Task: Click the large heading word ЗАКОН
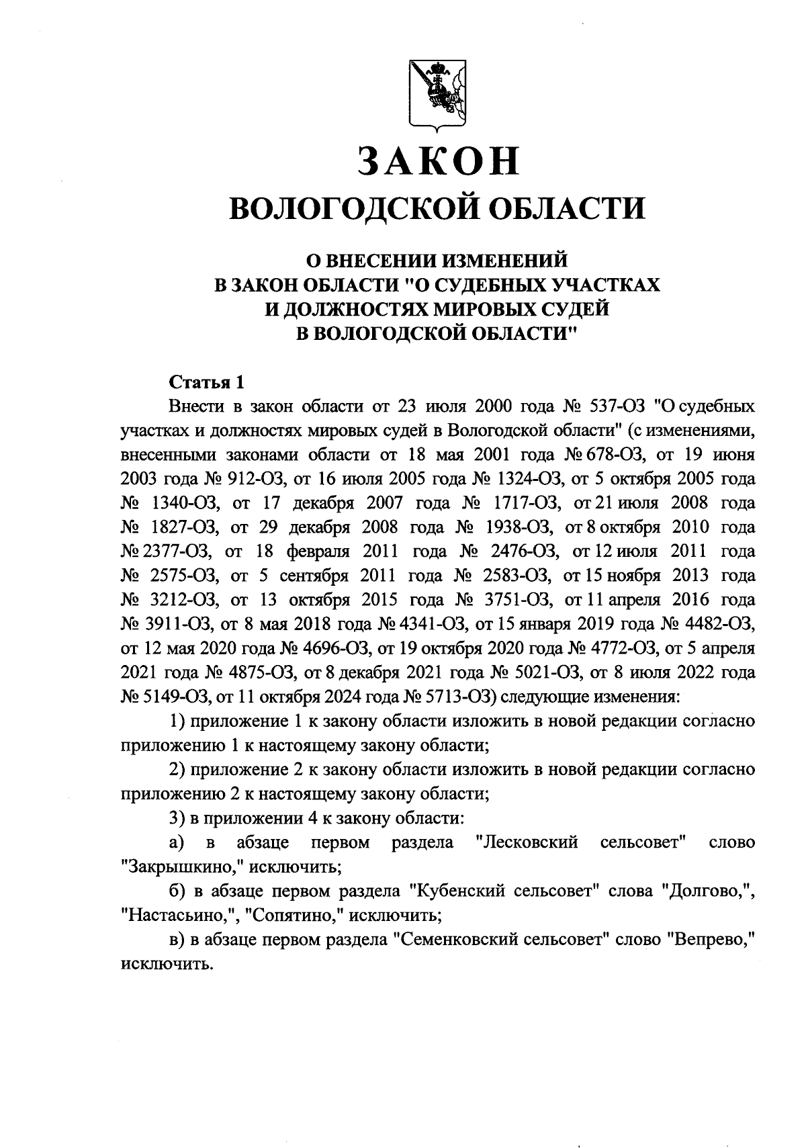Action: point(437,161)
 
